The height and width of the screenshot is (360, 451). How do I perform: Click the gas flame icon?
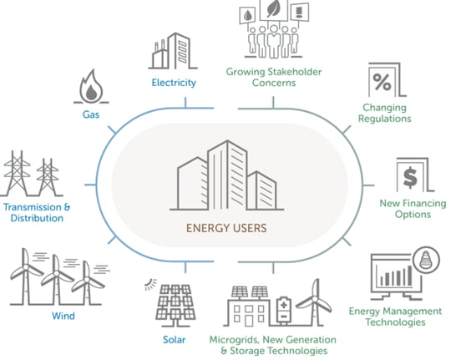coord(91,85)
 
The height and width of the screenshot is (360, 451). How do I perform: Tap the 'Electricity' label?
coord(174,83)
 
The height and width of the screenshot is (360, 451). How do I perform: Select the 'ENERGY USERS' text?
coord(226,228)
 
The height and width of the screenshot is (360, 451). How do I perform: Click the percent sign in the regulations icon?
coord(382,82)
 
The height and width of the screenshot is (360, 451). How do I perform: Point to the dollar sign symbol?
coord(410,177)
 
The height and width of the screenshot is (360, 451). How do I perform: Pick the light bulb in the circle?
coord(426,260)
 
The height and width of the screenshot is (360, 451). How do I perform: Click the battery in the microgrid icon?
coord(284,310)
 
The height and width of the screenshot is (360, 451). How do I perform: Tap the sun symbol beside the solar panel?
coord(150,285)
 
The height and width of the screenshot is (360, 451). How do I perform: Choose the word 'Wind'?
coord(63,316)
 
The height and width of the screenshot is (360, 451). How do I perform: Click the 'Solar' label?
coord(174,340)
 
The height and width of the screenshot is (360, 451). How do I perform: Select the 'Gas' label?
coord(91,114)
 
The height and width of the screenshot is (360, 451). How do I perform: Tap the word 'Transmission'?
coord(32,207)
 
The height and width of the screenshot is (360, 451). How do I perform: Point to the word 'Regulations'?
coord(384,119)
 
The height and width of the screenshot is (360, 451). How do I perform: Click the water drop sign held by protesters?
coord(248,16)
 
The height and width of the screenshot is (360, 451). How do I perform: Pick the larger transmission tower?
coord(17,173)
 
